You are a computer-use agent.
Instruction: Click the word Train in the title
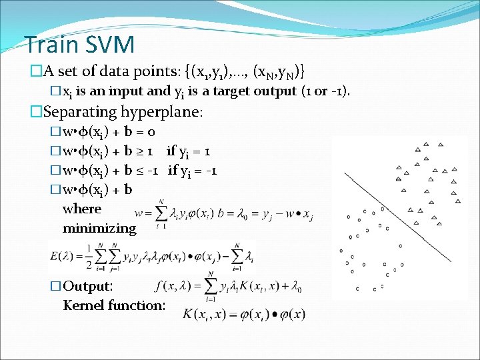click(x=50, y=45)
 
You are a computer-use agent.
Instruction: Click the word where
click(x=82, y=209)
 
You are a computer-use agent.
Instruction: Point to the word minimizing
click(x=99, y=228)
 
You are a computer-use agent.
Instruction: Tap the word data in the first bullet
click(x=112, y=70)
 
